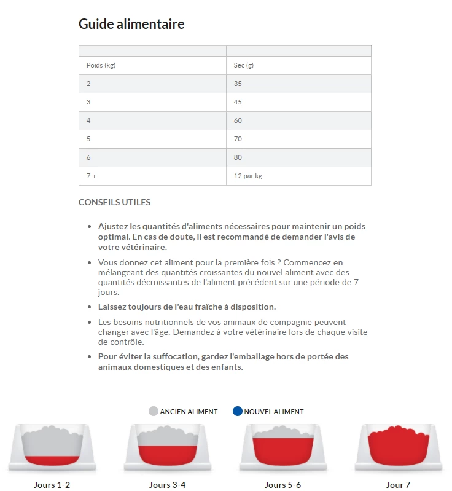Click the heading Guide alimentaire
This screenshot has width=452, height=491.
131,25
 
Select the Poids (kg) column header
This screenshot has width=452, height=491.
101,65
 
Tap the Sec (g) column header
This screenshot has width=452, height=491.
244,65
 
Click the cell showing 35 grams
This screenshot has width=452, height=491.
238,84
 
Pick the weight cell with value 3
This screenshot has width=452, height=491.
88,102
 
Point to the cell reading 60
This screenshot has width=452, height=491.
238,120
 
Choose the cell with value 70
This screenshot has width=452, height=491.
238,139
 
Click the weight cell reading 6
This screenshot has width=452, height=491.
88,157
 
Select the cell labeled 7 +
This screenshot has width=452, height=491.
92,176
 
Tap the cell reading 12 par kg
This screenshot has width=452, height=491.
248,176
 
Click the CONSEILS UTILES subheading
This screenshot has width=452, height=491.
114,202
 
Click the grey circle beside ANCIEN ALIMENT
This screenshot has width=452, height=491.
154,411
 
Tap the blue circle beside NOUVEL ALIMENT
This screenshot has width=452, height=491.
238,411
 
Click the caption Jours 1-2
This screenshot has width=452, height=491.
52,485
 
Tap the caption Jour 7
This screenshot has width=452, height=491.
399,485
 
